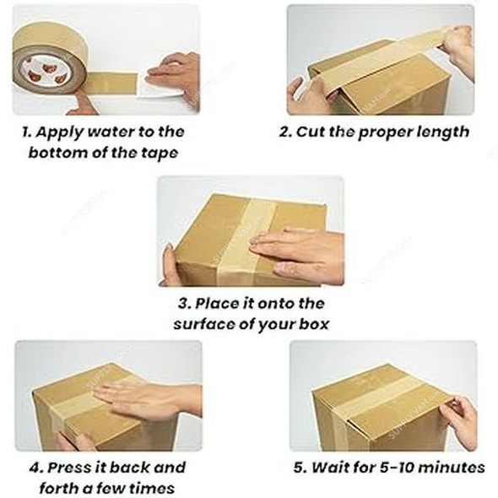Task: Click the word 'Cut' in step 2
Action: point(311,133)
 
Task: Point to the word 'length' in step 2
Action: point(438,133)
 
